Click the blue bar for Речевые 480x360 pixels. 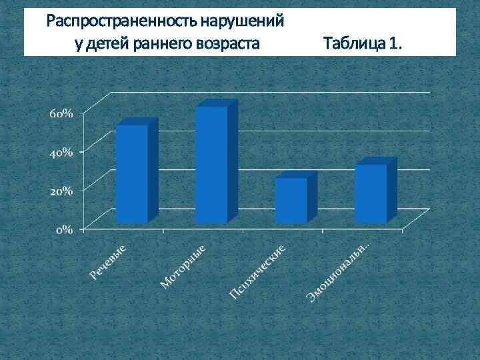[x=131, y=174]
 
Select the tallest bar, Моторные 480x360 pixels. [x=211, y=165]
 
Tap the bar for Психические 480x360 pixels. [x=291, y=200]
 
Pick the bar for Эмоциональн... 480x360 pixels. [x=371, y=193]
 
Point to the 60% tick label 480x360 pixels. [x=61, y=113]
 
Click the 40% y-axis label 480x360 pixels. [x=61, y=152]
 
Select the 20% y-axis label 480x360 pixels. [x=61, y=191]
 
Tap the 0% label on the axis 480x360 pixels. [x=65, y=229]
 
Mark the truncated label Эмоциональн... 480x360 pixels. [x=339, y=271]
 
